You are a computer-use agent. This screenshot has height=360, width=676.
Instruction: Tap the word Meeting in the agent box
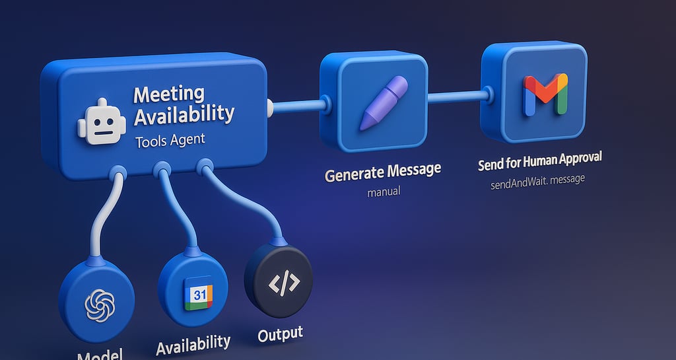(169, 94)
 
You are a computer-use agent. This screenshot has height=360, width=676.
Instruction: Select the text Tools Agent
(170, 140)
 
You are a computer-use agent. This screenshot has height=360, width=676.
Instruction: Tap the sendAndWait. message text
(538, 180)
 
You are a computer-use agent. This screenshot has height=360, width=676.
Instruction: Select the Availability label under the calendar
(193, 344)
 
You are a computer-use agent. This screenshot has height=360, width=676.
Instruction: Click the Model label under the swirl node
(100, 355)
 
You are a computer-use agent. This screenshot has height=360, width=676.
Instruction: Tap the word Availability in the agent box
(184, 115)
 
